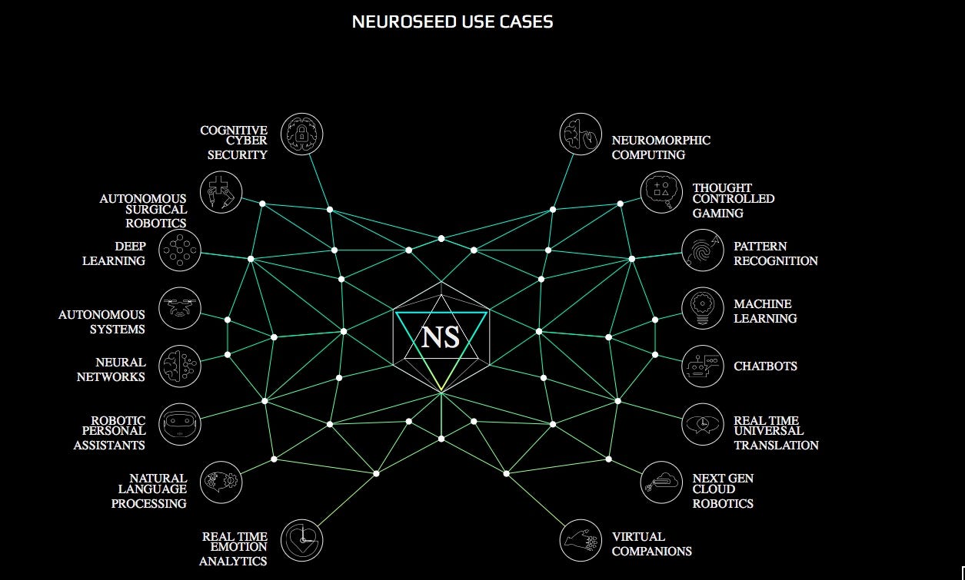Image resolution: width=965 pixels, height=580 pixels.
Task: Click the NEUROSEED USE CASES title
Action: (452, 22)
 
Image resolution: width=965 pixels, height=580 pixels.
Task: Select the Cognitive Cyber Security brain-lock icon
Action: (302, 134)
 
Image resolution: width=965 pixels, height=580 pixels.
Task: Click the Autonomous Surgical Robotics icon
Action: (221, 192)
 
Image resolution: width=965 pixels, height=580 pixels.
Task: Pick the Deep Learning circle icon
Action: (180, 250)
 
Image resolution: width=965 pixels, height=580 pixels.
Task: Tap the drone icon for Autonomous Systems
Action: (180, 308)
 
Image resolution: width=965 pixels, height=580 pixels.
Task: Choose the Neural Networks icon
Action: (180, 366)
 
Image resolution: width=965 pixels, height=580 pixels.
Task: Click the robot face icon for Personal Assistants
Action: (180, 424)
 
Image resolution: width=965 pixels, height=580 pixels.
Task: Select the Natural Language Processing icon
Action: (221, 482)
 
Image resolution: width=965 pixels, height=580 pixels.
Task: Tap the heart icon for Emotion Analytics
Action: (302, 540)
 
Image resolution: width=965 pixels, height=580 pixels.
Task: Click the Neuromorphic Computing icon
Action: (581, 134)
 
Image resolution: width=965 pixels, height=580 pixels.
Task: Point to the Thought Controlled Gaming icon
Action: (662, 192)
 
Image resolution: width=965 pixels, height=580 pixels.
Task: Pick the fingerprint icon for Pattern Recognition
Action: (703, 250)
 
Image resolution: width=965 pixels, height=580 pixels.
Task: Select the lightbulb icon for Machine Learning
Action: (703, 308)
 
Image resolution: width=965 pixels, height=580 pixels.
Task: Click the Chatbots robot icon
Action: (703, 366)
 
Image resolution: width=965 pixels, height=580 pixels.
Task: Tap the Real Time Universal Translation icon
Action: (703, 424)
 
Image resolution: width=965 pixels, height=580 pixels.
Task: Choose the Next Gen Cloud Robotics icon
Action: (662, 482)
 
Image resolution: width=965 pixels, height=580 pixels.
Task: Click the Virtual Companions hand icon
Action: (581, 540)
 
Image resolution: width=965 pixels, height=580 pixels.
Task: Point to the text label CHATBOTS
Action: (765, 366)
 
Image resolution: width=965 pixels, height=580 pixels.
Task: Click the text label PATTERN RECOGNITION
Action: (775, 254)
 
